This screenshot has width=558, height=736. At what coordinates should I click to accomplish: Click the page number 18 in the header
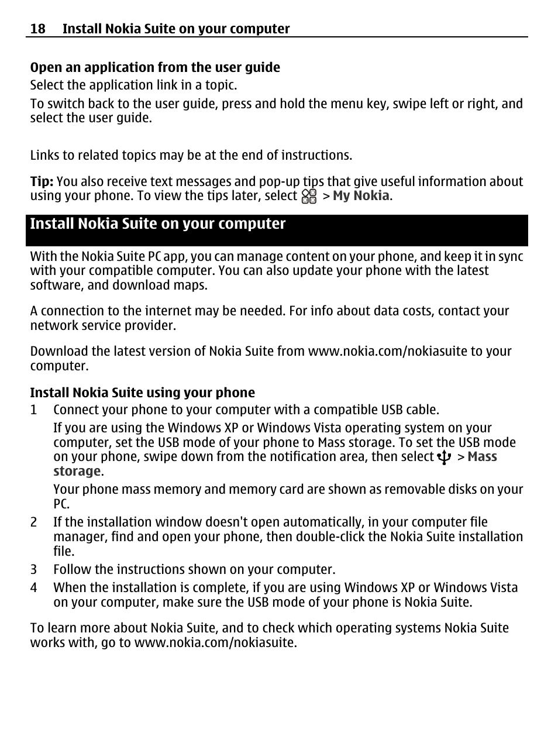coord(37,29)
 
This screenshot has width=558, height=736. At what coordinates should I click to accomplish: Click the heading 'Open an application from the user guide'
coord(155,68)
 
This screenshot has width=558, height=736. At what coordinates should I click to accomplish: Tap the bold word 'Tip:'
coord(42,181)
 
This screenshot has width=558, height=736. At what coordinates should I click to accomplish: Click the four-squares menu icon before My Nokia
coord(309,196)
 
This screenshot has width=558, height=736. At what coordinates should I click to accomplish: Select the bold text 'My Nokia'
coord(360,195)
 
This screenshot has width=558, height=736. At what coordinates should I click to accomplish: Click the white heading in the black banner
coord(158,224)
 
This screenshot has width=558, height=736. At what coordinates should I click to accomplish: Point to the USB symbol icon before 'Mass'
coord(445,457)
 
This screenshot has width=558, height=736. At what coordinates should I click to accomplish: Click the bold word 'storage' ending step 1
coord(77,472)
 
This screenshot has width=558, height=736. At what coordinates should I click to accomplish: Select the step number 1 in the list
coord(33,410)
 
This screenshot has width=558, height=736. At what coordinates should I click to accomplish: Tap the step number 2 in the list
coord(33,522)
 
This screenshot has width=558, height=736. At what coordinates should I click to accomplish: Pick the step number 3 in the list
coord(33,570)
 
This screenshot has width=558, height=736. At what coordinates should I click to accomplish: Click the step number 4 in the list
coord(33,588)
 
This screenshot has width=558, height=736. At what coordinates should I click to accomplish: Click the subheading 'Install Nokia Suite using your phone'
coord(143,393)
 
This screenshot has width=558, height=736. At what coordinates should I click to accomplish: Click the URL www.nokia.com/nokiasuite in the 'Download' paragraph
coord(387,352)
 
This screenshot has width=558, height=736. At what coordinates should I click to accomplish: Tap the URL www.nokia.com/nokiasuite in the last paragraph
coord(215,642)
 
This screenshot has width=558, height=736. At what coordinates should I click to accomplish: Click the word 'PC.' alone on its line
coord(61,504)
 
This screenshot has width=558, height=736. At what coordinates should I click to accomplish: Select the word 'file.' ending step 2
coord(64,551)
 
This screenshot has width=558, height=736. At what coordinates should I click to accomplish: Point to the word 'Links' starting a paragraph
coord(44,156)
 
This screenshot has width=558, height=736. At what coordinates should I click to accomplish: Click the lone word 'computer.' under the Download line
coord(60,366)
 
